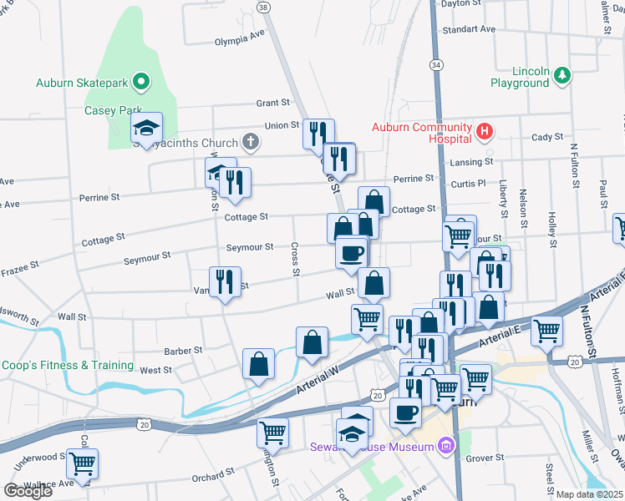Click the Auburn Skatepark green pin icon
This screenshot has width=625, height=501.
coord(142,82)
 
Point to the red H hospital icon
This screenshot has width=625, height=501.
coord(484,131)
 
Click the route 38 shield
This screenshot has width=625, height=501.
coord(264,8)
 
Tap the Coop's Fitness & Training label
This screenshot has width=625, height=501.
coord(67,365)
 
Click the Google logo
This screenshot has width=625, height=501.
coord(28,491)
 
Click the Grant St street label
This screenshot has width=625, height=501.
coord(272,103)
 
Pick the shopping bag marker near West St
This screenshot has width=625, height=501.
coord(259,364)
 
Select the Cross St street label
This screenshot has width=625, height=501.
coord(295,259)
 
